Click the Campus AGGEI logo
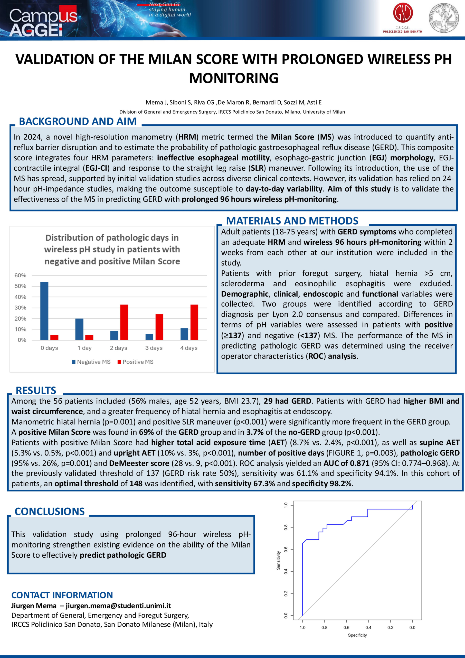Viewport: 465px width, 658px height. point(43,22)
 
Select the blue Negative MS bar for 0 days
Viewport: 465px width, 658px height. point(44,311)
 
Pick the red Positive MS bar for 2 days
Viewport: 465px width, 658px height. point(124,322)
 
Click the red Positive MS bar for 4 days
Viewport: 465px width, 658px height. point(194,322)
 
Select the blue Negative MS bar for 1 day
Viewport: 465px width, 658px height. point(79,329)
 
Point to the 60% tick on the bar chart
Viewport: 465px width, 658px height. point(20,275)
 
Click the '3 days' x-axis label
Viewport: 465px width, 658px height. point(154,348)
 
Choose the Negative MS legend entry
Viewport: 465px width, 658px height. point(91,362)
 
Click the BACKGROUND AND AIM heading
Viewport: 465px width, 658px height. point(78,122)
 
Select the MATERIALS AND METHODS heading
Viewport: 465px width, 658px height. point(292,221)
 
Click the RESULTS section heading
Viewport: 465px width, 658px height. point(36,390)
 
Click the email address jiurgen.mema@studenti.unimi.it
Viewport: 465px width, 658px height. point(118,606)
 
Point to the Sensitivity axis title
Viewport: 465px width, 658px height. point(278,560)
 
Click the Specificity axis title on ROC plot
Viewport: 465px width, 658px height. point(357,635)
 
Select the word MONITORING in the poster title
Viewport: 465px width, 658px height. point(234,78)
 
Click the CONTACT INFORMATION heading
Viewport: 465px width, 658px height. point(62,595)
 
